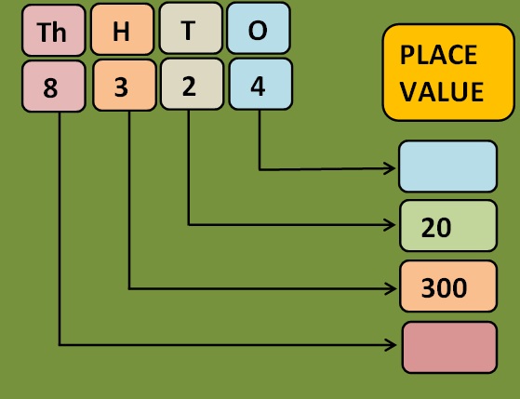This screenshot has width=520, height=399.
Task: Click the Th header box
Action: (x=53, y=30)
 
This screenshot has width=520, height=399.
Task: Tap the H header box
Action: (x=123, y=29)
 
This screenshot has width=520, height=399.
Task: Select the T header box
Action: (x=191, y=28)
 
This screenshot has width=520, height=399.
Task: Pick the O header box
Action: (x=259, y=28)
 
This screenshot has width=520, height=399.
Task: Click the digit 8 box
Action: (x=53, y=86)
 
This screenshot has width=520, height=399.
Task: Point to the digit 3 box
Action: (x=125, y=86)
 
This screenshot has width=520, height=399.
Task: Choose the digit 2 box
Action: (x=192, y=84)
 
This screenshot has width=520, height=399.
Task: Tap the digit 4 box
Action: (x=260, y=84)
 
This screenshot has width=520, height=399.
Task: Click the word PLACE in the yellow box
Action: (x=438, y=55)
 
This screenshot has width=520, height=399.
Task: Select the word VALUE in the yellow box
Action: (x=442, y=91)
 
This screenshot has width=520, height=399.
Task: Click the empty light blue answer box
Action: (x=447, y=166)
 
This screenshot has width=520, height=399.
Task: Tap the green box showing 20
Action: (x=448, y=225)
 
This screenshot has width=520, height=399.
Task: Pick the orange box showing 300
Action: (x=448, y=286)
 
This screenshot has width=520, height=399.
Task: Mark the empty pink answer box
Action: (x=449, y=347)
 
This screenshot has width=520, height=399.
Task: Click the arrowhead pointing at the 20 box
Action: (x=390, y=225)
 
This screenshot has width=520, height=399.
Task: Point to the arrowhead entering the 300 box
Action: (x=391, y=288)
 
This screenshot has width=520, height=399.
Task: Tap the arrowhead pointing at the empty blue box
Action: (x=390, y=168)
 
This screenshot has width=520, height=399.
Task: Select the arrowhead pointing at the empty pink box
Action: (x=391, y=345)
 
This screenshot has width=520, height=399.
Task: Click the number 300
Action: (x=444, y=288)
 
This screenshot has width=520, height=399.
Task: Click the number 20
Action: (x=436, y=228)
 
